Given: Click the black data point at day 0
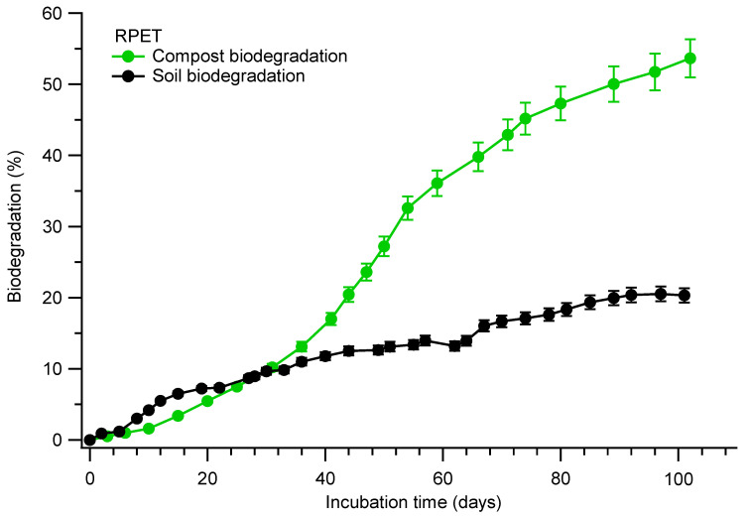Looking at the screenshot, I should pyautogui.click(x=89, y=440).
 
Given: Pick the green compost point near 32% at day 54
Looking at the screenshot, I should pyautogui.click(x=408, y=208).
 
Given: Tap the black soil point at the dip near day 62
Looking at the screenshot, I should pyautogui.click(x=454, y=345).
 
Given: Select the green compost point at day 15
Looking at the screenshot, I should pyautogui.click(x=178, y=416).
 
